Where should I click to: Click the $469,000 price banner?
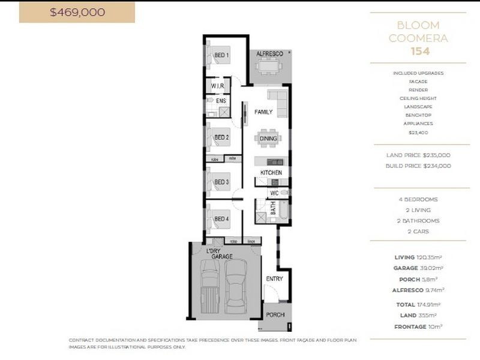77,12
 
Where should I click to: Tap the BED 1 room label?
221,56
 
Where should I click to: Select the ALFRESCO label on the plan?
269,54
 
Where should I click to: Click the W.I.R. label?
217,86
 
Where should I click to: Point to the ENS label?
220,101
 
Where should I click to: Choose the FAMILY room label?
263,112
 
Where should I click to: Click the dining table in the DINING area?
268,138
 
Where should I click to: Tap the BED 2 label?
221,137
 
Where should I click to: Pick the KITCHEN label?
271,173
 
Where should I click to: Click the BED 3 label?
221,182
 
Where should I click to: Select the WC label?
274,193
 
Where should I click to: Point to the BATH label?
273,209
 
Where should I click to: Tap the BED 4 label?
221,219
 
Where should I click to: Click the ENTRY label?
274,278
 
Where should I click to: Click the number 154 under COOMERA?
419,51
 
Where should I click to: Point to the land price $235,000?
418,155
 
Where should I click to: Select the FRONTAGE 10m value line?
418,326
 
